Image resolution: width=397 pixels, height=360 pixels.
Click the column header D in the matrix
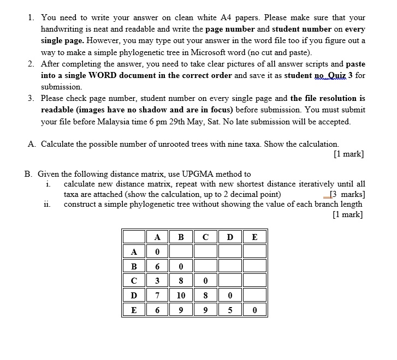229,237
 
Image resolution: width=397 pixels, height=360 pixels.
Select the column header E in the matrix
254,237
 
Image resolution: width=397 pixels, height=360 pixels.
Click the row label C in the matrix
133,281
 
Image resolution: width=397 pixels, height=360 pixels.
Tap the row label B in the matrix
133,267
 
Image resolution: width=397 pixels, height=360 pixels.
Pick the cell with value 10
181,296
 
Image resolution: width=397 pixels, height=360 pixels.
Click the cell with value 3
157,281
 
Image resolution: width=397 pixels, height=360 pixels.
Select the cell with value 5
229,310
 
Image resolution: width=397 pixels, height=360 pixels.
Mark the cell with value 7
157,296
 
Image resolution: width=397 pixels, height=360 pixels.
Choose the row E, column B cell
181,310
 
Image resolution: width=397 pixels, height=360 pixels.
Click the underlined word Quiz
334,75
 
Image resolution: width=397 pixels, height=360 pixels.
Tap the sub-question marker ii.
47,204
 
